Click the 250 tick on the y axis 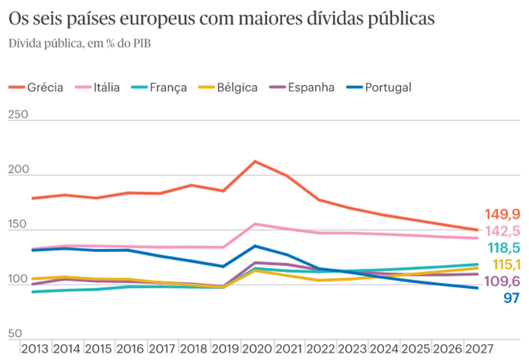pyautogui.click(x=18, y=114)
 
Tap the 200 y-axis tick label pyautogui.click(x=18, y=169)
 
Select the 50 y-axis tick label pyautogui.click(x=15, y=333)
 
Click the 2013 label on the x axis pyautogui.click(x=35, y=349)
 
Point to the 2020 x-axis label pyautogui.click(x=257, y=349)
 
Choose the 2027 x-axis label pyautogui.click(x=479, y=349)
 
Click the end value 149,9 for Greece pyautogui.click(x=502, y=214)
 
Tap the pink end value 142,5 pyautogui.click(x=503, y=231)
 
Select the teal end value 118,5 pyautogui.click(x=504, y=248)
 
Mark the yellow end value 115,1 pyautogui.click(x=506, y=264)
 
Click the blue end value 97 pyautogui.click(x=511, y=298)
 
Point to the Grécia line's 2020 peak pyautogui.click(x=255, y=161)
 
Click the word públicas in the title pyautogui.click(x=401, y=19)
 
